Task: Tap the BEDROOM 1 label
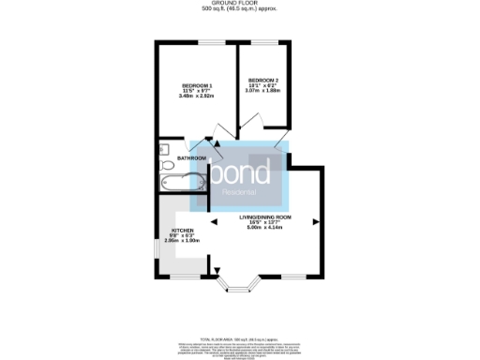pos(197,86)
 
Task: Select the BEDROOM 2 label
pos(262,80)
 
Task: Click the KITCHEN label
pos(183,229)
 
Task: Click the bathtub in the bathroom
pos(183,181)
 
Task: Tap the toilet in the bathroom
pos(164,148)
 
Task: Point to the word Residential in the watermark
pos(240,193)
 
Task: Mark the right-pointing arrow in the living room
pos(316,221)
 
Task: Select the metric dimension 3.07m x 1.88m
pos(262,90)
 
